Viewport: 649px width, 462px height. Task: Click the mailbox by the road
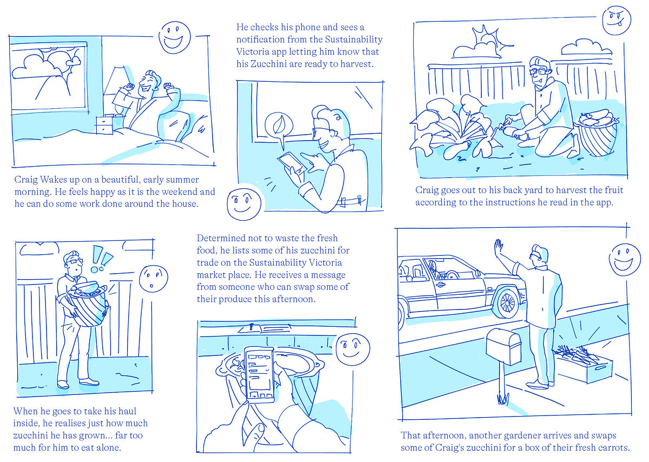[x=503, y=347]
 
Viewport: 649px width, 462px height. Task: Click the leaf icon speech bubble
[x=280, y=126]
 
